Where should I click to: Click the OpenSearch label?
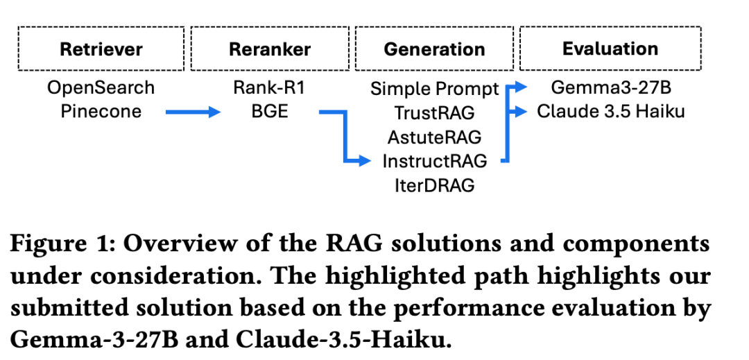point(101,88)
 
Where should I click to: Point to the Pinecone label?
point(101,111)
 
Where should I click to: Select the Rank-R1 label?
point(269,88)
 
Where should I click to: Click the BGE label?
point(269,111)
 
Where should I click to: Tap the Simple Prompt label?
point(435,89)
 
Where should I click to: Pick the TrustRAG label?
point(435,113)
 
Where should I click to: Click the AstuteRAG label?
point(435,137)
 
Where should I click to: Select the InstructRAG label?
point(435,161)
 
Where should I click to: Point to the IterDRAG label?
point(435,185)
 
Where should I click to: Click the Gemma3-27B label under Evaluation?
point(610,88)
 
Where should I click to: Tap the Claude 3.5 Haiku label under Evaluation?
point(610,111)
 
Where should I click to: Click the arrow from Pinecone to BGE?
point(193,112)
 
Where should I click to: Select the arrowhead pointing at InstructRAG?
point(365,162)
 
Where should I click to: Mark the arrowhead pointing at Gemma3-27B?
point(521,87)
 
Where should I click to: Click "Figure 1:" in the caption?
point(61,244)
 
